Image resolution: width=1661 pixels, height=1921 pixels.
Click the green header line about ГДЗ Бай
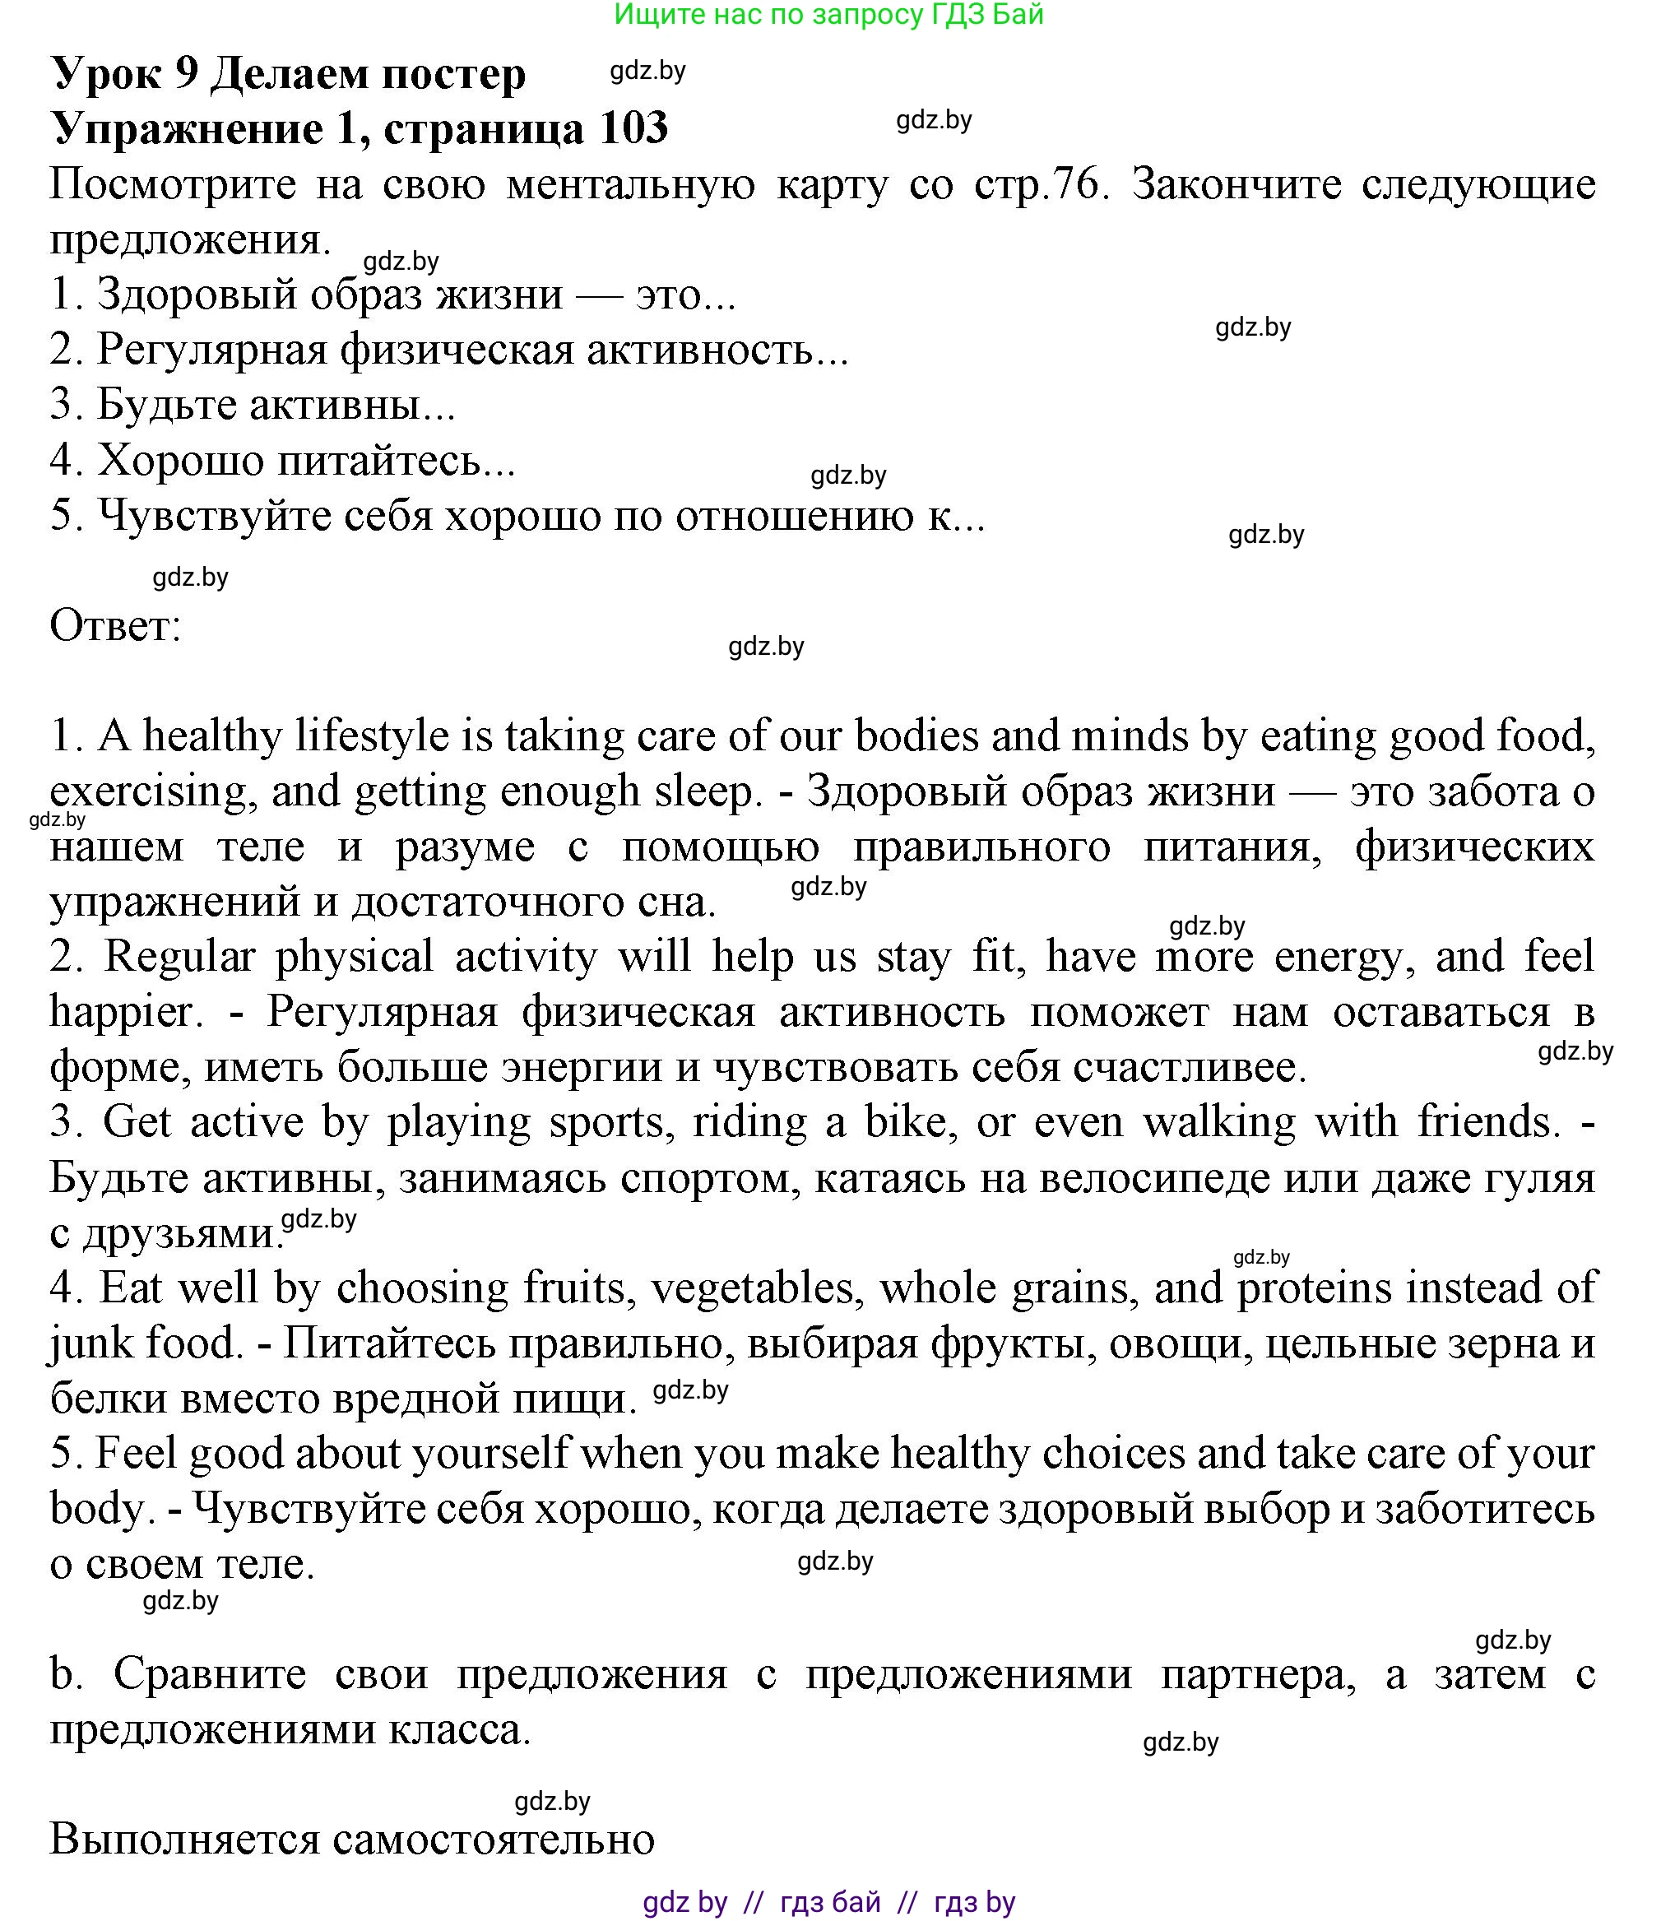[x=828, y=14]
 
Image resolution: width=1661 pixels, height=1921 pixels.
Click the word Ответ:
[x=115, y=626]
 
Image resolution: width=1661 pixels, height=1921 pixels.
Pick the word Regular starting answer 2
[x=178, y=957]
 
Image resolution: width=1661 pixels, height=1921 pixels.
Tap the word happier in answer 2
[x=124, y=1011]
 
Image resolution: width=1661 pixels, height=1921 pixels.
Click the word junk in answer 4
[x=90, y=1343]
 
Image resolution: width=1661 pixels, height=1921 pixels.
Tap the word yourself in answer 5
[x=490, y=1454]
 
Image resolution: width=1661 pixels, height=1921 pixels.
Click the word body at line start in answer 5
[x=95, y=1510]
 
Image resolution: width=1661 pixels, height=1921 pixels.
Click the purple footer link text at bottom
[x=828, y=1902]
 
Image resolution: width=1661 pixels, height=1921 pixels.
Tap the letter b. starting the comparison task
[x=65, y=1674]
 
